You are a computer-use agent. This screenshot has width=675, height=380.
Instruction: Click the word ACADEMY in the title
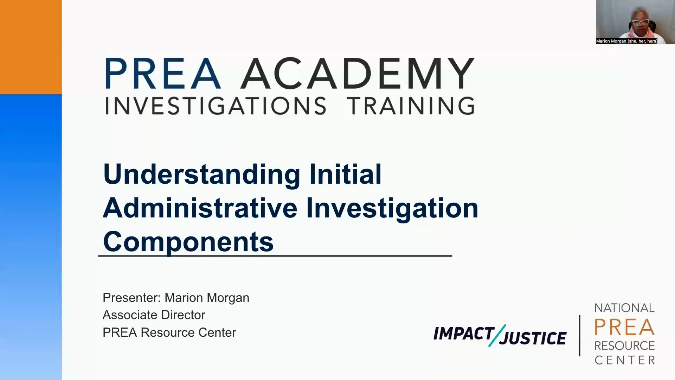358,74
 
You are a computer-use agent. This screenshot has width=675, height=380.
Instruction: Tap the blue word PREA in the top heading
163,74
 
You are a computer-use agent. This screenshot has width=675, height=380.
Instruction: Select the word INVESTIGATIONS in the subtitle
216,106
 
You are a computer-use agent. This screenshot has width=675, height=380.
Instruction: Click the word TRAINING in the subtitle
411,106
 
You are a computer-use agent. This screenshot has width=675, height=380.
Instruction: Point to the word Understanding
201,174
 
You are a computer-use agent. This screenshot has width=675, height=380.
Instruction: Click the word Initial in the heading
345,174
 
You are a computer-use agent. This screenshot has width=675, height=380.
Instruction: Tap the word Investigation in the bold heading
392,208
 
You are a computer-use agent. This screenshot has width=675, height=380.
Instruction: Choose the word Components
188,242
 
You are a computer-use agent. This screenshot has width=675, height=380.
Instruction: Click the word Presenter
131,298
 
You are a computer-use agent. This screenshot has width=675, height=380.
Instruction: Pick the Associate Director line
154,315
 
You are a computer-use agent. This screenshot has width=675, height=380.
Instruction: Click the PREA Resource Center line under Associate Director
169,332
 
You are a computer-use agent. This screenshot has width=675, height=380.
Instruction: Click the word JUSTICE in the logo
533,338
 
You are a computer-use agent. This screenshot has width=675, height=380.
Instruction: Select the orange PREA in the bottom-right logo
624,327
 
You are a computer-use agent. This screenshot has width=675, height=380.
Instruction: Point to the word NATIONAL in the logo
624,308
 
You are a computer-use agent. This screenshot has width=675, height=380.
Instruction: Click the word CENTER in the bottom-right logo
624,360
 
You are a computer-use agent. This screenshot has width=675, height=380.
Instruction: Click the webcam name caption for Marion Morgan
626,41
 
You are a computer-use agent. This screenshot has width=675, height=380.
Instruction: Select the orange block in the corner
31,47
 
